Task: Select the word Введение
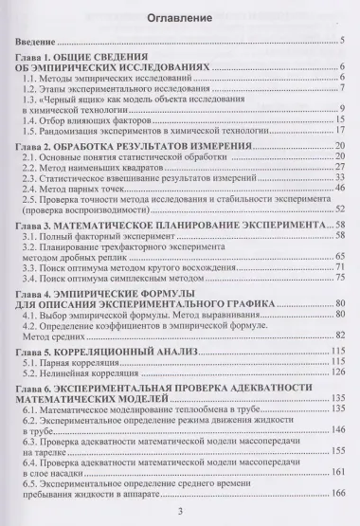coord(41,42)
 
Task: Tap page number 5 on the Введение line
coord(340,42)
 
